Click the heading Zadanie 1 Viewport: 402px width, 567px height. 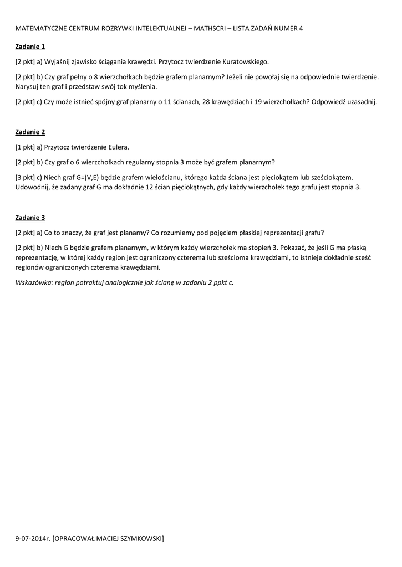[30, 47]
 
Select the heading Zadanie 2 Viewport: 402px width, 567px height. [30, 132]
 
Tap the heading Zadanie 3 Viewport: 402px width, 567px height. [30, 218]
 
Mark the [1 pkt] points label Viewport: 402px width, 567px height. [25, 147]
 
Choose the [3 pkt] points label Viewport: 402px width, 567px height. [25, 177]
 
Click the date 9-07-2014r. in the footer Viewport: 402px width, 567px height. [33, 538]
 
